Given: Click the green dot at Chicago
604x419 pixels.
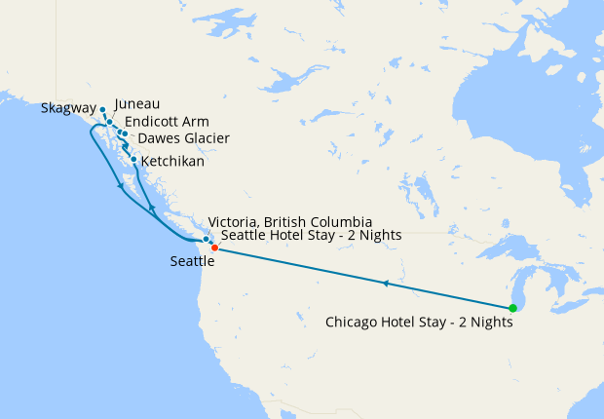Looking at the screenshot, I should (512, 308).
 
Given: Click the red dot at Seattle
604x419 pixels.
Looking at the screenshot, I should (214, 248).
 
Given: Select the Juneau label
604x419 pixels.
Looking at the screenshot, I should (137, 103).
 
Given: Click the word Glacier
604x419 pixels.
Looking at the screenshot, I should (206, 138).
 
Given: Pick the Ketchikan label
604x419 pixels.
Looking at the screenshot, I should (172, 161).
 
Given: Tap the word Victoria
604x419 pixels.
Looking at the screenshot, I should (235, 222).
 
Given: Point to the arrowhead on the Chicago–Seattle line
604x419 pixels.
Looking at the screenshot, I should (386, 284).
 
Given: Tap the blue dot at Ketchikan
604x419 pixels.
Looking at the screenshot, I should (133, 158).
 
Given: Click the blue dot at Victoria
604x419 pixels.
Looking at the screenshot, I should (206, 239).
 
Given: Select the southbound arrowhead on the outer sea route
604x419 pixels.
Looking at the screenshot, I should (121, 185).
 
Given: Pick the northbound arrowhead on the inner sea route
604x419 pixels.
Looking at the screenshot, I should (151, 209).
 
